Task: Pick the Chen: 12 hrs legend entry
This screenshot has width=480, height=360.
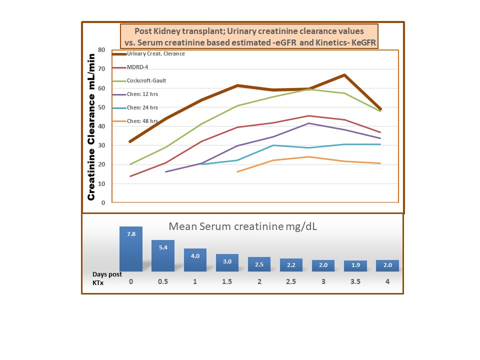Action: [x=142, y=94]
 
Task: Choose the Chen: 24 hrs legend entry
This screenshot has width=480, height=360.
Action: [x=142, y=107]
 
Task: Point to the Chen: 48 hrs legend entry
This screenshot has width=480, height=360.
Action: [x=142, y=121]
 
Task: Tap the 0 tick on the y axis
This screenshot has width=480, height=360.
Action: [x=103, y=203]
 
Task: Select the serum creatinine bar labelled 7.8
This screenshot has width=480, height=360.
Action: [x=131, y=249]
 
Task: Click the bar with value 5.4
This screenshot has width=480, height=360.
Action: [x=163, y=255]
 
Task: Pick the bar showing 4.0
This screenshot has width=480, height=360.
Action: [x=195, y=260]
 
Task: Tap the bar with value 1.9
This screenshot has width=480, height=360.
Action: [x=355, y=266]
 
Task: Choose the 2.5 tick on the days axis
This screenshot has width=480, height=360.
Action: [x=291, y=282]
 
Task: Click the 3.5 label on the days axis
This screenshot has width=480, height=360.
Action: [x=355, y=282]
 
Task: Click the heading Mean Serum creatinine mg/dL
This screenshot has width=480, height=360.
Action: [x=243, y=225]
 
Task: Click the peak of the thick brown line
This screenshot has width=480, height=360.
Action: [x=344, y=75]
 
